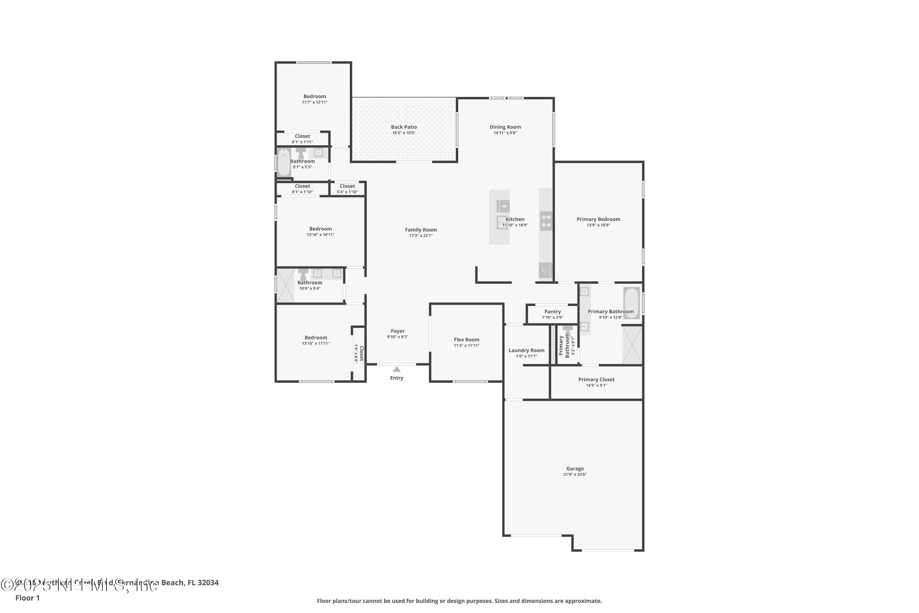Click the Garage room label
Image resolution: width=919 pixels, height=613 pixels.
tap(575, 468)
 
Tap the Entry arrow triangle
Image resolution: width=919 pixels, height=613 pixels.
tap(397, 369)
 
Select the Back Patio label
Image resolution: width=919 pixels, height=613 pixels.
tap(404, 127)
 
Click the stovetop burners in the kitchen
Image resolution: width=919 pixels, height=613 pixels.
tap(546, 221)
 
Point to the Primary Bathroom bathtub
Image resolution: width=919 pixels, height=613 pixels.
tap(631, 303)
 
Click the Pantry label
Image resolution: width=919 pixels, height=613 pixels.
tap(553, 312)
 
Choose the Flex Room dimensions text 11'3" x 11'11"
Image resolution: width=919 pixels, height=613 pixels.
tap(466, 346)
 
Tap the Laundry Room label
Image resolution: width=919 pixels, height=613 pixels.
tap(526, 350)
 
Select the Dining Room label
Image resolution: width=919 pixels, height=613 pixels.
tap(505, 127)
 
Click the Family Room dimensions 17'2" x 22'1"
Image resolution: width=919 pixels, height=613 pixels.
tap(421, 236)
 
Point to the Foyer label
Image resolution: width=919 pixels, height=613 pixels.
tap(397, 331)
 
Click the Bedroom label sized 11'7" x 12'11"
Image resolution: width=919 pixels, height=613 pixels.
tap(315, 97)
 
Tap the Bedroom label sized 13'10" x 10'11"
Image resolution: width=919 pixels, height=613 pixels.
tap(320, 229)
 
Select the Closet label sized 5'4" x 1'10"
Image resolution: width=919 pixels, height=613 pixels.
tap(347, 186)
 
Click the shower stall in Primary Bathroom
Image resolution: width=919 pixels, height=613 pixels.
tap(632, 345)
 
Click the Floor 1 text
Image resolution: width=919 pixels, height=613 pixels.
tap(27, 598)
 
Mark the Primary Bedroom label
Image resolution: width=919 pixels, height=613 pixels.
tap(598, 219)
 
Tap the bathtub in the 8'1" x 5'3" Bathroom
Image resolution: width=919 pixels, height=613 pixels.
tap(284, 162)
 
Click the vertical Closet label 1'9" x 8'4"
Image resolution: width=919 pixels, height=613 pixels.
tap(361, 353)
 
